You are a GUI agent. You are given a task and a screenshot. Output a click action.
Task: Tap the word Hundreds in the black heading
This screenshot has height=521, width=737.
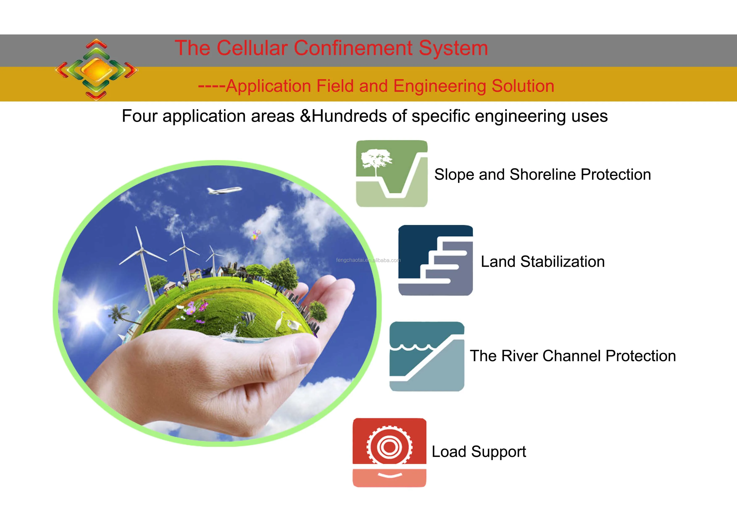[349, 116]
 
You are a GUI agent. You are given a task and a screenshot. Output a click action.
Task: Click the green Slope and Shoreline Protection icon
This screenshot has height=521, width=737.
[392, 174]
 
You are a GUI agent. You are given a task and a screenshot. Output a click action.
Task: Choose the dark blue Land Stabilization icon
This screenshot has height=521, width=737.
[436, 260]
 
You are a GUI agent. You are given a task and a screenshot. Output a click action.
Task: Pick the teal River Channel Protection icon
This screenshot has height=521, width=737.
[427, 356]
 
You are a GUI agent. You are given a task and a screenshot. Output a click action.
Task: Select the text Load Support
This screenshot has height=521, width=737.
[479, 452]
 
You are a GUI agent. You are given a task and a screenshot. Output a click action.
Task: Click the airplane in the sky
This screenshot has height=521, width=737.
[224, 190]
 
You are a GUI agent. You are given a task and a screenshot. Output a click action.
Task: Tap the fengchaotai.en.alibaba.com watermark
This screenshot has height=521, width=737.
[368, 260]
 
